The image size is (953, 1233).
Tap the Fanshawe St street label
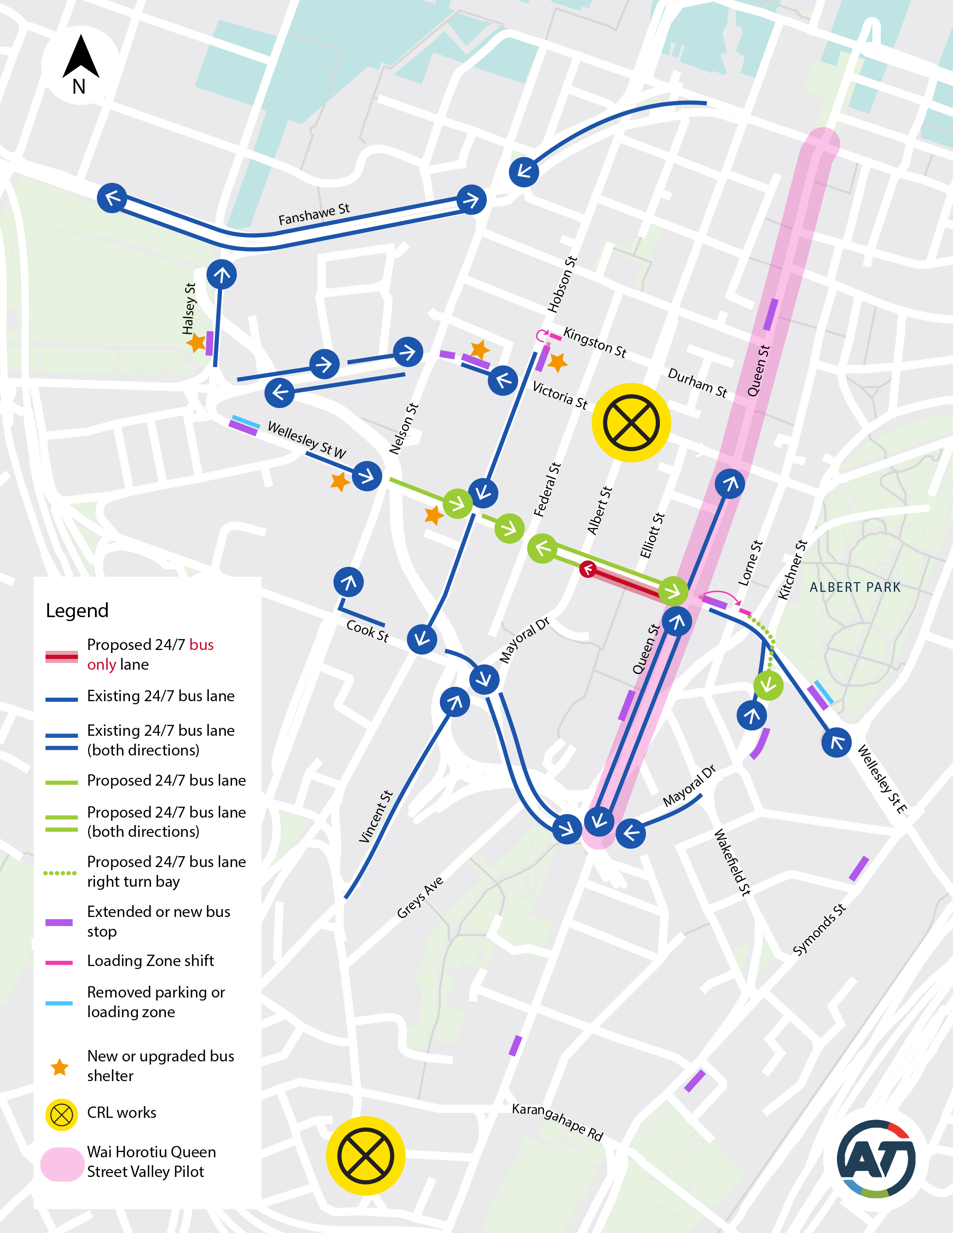314,214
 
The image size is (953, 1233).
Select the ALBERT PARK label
855,587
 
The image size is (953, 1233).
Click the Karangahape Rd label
557,1121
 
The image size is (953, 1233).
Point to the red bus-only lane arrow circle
588,569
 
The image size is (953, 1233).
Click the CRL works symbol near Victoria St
631,423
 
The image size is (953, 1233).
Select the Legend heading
77,610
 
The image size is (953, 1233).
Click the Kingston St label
595,342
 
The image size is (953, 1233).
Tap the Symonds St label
819,929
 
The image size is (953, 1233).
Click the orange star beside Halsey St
196,342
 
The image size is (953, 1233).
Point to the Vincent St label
376,816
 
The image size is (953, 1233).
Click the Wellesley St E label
882,779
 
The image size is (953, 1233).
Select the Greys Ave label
420,897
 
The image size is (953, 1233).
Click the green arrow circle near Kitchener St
768,685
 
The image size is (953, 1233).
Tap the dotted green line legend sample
60,873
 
